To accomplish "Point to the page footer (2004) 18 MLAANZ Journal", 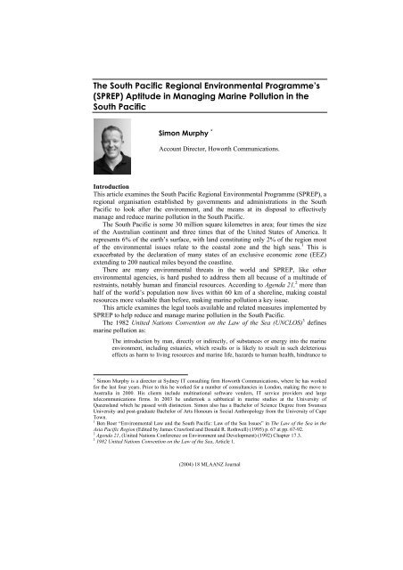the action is [201, 539].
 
